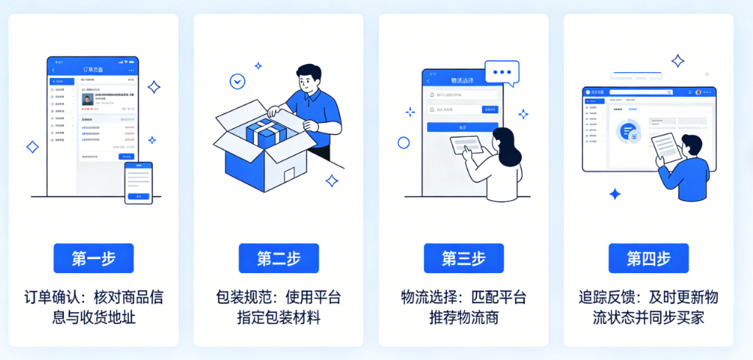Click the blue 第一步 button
coord(93,258)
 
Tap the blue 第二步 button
coord(278,258)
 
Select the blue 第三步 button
coord(464,258)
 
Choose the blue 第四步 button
coord(648,258)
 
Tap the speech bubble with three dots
coord(502,72)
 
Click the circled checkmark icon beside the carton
coord(237,81)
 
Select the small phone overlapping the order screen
coord(138,183)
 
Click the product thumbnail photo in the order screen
coord(88,99)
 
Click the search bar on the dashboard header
coord(640,92)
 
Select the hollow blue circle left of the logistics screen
coord(403,143)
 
